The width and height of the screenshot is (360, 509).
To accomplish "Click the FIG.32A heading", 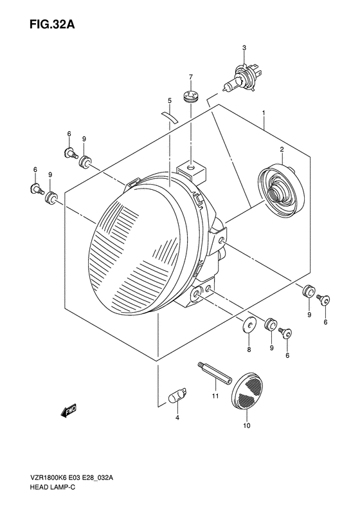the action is [52, 24].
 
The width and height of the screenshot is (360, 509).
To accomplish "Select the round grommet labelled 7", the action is [191, 97].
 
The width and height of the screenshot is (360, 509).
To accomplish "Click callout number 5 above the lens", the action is [170, 100].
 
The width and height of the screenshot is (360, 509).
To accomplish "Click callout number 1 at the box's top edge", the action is [264, 113].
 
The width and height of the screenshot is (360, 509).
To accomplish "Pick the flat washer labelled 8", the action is [249, 324].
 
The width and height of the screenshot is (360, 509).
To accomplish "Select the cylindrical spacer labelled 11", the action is [215, 373].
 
